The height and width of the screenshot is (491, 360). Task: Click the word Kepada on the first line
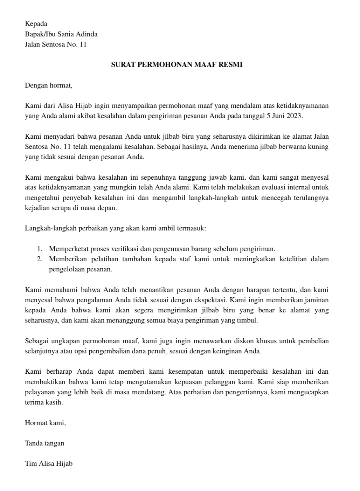[x=36, y=24]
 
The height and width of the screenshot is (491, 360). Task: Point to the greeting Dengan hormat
[x=48, y=85]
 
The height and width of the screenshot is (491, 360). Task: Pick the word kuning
[x=318, y=147]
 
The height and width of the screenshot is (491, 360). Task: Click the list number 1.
[x=40, y=249]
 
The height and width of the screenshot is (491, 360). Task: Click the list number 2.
[x=40, y=259]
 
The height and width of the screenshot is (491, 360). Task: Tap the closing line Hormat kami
[x=45, y=423]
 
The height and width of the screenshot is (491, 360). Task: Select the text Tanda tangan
[x=44, y=443]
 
